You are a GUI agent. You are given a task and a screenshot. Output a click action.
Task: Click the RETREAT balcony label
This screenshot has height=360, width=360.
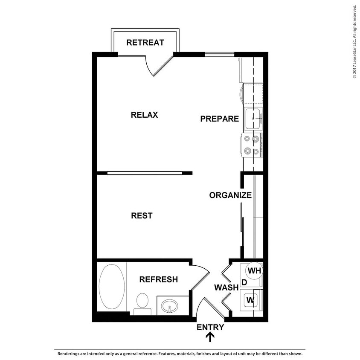pyautogui.click(x=145, y=42)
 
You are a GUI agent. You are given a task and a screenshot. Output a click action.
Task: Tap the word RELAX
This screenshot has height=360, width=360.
pyautogui.click(x=144, y=115)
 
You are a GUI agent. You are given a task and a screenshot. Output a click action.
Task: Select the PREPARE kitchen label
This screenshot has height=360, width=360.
pyautogui.click(x=219, y=119)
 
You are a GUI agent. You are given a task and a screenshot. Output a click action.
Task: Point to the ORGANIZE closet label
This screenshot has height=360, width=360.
pyautogui.click(x=230, y=195)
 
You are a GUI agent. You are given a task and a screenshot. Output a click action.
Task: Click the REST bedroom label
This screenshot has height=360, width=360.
pyautogui.click(x=142, y=216)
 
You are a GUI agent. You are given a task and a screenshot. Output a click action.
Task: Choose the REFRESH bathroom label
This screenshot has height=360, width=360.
pyautogui.click(x=158, y=280)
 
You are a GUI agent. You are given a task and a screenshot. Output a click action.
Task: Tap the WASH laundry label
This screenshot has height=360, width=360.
pyautogui.click(x=226, y=287)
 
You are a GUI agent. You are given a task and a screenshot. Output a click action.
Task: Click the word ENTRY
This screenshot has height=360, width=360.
pyautogui.click(x=210, y=328)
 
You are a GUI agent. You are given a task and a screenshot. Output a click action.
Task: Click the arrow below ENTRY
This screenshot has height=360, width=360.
pyautogui.click(x=210, y=337)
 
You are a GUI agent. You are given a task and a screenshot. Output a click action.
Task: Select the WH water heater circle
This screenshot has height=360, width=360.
pyautogui.click(x=254, y=271)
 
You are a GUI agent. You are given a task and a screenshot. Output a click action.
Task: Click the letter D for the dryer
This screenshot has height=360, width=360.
pyautogui.click(x=244, y=282)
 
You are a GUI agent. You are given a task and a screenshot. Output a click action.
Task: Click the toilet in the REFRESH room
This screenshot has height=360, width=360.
pyautogui.click(x=142, y=302)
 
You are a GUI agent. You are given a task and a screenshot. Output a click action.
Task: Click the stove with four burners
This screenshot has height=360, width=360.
pyautogui.click(x=251, y=145)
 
